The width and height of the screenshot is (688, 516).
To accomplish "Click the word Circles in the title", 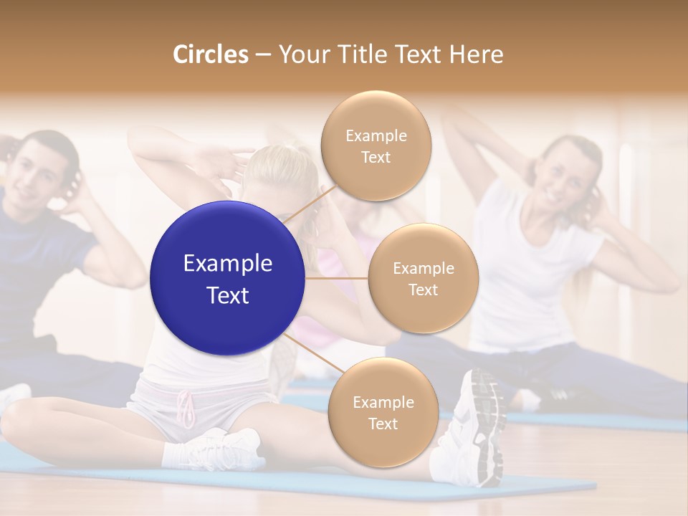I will click(210, 54).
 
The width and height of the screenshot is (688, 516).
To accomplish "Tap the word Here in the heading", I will click(476, 54).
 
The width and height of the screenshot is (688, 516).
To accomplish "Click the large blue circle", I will click(227, 278).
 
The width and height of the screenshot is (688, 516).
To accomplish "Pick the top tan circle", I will click(376, 145).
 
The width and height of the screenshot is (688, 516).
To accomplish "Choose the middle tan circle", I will click(423, 278).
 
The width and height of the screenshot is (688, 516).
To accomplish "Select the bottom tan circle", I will click(383, 412).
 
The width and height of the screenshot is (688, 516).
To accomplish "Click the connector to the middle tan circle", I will click(336, 278).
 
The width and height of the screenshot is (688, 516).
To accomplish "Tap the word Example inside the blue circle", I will click(227, 264).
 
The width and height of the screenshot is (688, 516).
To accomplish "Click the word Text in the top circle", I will click(376, 157).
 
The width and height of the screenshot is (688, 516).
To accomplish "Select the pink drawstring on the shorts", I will click(187, 408).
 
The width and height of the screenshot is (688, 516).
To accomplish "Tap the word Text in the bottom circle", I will click(383, 424).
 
